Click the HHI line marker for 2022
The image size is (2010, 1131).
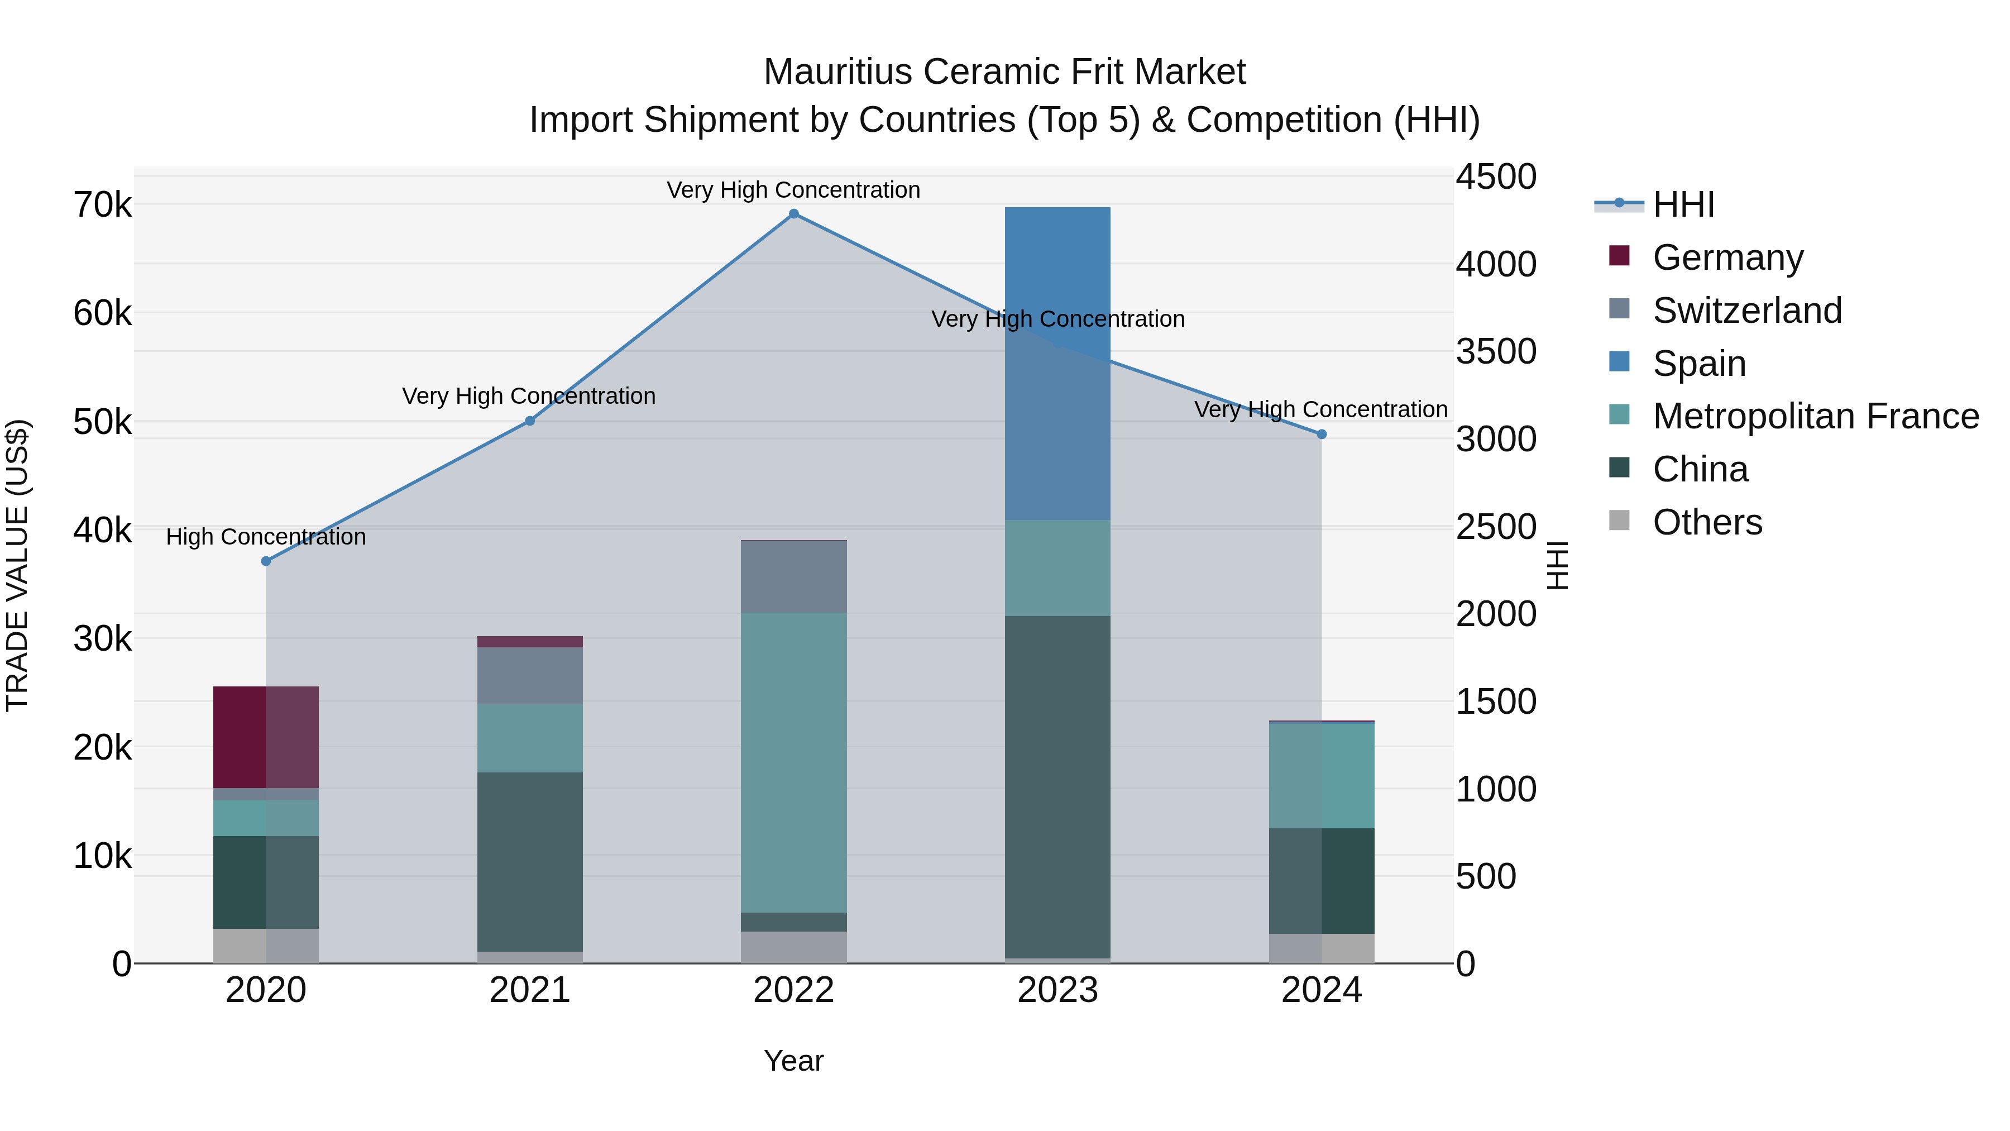coord(793,214)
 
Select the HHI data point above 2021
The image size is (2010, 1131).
coord(530,421)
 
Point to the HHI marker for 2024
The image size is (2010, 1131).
coord(1322,435)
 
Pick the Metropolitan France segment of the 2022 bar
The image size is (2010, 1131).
coord(793,762)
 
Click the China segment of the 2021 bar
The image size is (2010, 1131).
coord(530,862)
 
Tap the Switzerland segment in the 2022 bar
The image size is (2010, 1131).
coord(793,577)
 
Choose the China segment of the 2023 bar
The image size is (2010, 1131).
coord(1057,787)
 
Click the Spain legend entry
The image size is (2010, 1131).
coord(1698,364)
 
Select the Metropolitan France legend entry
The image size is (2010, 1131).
coord(1815,417)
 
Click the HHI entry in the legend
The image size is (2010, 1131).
coord(1683,204)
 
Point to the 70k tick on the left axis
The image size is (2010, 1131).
coord(103,206)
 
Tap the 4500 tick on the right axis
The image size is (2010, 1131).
coord(1496,177)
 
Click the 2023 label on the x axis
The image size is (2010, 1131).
coord(1057,990)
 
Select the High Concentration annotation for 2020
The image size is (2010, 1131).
coord(266,537)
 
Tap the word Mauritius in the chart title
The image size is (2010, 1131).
coord(837,72)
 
